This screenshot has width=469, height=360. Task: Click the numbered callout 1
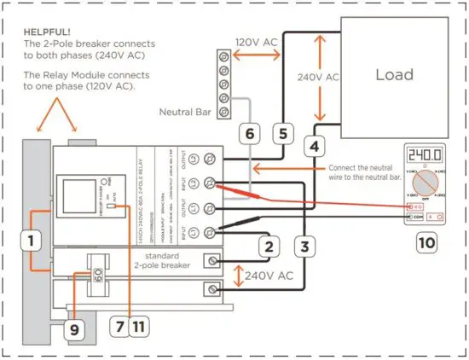[x=32, y=242]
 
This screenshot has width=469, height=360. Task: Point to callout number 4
[x=315, y=146]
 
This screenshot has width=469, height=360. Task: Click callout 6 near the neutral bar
[x=247, y=133]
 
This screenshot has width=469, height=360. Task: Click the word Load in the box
[x=395, y=75]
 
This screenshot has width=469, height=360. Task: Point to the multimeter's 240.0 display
[x=425, y=156]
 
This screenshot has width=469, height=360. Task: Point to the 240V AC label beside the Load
[x=316, y=77]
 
